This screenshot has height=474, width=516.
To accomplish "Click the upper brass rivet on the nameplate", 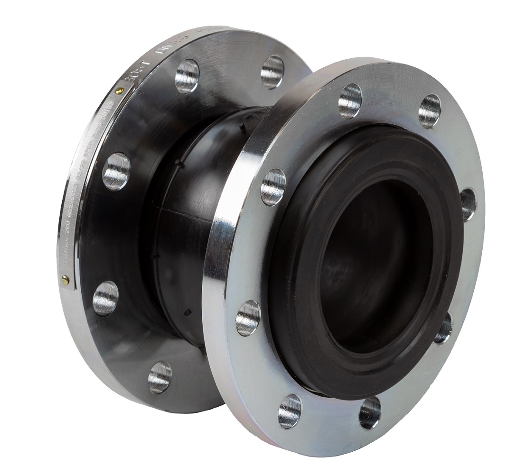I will (x=120, y=91).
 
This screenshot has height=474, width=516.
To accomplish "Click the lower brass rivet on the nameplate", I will (x=65, y=281).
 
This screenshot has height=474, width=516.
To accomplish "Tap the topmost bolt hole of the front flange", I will (x=350, y=100).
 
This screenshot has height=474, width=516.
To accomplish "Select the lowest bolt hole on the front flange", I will (x=290, y=411).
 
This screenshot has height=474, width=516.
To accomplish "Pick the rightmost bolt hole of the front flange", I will (x=468, y=204).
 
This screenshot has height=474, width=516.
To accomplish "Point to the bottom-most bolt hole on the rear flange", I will (x=159, y=377).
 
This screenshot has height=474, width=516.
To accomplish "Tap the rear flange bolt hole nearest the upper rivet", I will (x=187, y=76).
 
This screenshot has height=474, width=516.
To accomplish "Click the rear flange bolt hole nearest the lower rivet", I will (x=105, y=298).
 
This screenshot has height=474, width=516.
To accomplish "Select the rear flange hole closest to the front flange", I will (x=272, y=72).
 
